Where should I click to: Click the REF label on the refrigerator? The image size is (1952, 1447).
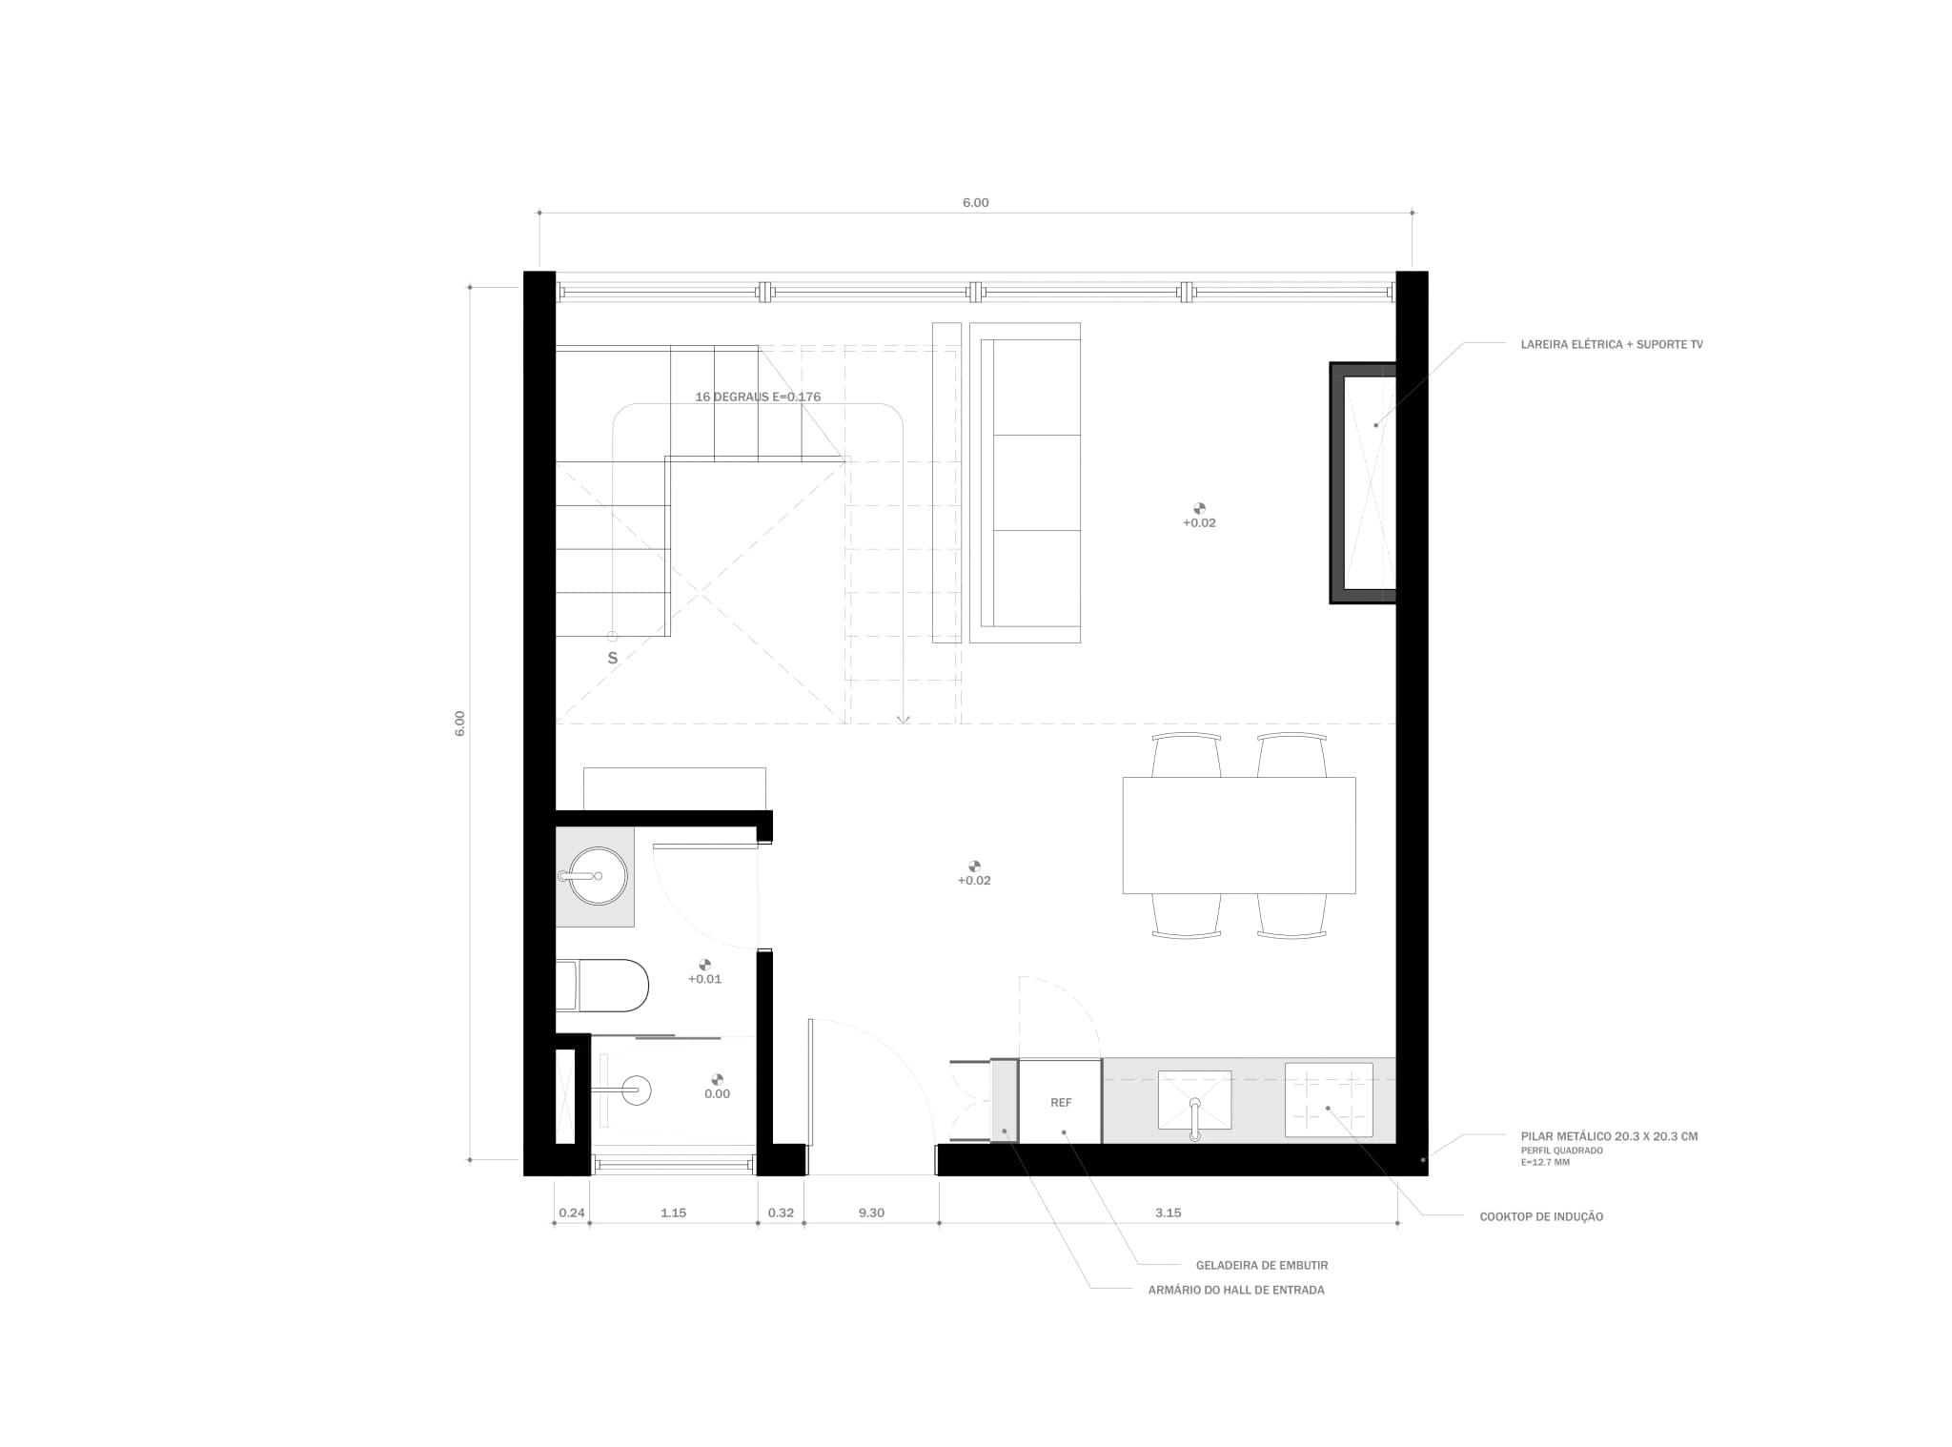1061,1102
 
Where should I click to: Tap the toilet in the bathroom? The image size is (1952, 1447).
610,986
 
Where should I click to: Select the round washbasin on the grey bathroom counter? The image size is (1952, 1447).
598,875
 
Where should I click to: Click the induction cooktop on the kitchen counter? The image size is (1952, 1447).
1329,1099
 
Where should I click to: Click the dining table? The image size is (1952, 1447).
1238,835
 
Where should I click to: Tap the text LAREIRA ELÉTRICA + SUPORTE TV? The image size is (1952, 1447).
1611,344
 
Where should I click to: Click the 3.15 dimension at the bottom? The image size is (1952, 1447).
1168,1213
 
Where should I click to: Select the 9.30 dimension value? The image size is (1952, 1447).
871,1213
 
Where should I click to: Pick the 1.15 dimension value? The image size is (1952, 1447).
673,1213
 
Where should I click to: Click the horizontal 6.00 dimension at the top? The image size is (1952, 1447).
975,202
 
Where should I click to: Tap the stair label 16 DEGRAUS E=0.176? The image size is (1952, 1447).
758,397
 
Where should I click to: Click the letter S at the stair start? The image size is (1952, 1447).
613,658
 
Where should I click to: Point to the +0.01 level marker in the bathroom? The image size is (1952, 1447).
704,978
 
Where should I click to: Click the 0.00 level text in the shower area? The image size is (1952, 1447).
717,1093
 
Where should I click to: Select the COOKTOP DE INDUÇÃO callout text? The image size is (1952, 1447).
1541,1216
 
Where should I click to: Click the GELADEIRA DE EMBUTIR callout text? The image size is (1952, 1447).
1261,1265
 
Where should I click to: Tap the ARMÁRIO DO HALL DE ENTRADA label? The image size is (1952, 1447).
1235,1290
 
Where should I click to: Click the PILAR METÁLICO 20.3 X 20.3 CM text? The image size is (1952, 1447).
1609,1136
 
